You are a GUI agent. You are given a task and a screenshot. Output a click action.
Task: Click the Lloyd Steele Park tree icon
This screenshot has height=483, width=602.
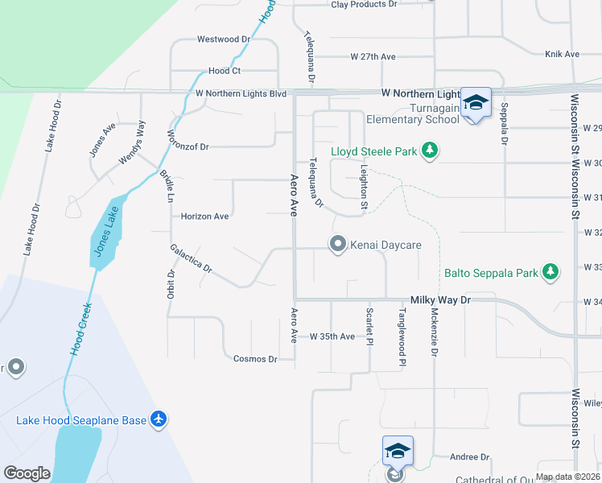coord(430,151)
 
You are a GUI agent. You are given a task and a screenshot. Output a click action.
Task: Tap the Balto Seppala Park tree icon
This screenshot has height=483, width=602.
coord(550,273)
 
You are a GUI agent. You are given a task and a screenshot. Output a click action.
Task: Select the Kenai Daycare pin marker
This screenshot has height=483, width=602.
coord(338,243)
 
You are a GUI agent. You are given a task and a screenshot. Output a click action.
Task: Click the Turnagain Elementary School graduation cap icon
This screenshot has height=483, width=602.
coord(476,103)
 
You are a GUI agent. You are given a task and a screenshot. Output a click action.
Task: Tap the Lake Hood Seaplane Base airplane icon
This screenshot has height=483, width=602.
coord(159,419)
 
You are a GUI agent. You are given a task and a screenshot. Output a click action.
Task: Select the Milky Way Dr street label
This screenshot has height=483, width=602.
coord(440,299)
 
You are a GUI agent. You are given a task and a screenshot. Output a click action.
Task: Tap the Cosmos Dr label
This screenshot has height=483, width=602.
coord(254,359)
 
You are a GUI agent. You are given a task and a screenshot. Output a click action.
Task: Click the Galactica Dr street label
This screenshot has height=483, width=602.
coord(191,258)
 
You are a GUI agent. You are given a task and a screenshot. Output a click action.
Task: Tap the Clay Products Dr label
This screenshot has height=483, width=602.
coord(365,4)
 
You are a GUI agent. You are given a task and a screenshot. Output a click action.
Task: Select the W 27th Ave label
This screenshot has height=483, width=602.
coord(373,57)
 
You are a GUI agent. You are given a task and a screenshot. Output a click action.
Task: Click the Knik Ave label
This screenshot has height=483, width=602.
coord(562,54)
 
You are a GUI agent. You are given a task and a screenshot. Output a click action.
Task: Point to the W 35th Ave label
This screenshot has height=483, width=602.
coord(332,336)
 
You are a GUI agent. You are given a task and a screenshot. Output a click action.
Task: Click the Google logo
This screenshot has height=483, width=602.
coord(27,473)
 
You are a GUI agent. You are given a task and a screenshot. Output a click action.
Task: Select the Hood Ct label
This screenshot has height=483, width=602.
coord(225,71)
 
